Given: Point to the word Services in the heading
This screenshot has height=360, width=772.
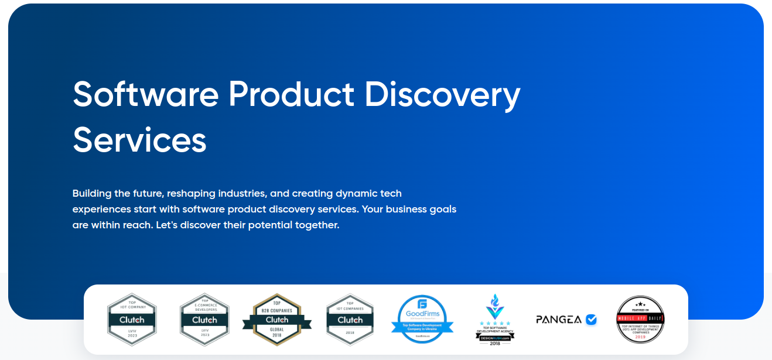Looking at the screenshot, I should point(139,140).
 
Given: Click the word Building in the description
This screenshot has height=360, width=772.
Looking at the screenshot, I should point(92,193).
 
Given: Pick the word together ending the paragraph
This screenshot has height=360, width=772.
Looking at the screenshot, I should point(317,225).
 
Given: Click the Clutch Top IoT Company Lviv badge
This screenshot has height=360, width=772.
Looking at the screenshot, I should point(132,320).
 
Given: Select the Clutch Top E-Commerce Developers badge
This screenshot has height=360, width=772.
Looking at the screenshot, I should point(204,320).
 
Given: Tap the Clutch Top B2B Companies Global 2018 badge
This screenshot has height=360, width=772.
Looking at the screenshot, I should point(277,320).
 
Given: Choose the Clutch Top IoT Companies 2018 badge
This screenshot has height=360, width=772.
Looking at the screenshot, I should point(350,320).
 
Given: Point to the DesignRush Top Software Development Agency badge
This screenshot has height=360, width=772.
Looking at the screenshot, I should point(495,320).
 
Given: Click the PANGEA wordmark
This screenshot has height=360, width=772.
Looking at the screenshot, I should point(559,320).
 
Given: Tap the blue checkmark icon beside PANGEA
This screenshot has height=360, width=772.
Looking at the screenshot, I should point(591,320).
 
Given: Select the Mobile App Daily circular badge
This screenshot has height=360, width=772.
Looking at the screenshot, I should point(640,320).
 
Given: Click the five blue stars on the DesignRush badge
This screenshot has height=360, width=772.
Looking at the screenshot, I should point(495,323).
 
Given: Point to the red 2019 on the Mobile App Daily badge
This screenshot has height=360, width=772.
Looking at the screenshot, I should point(640,337).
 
